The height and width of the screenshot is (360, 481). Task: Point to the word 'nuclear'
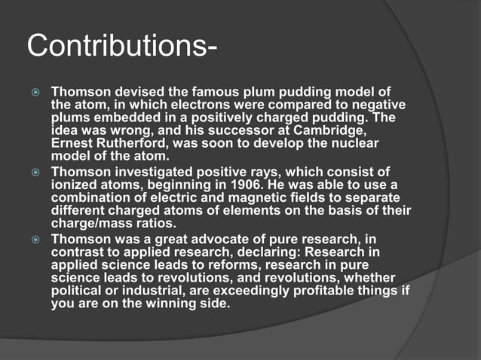tap(355, 142)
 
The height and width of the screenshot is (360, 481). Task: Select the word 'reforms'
tap(226, 265)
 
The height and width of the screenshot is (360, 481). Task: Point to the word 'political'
tap(75, 291)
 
